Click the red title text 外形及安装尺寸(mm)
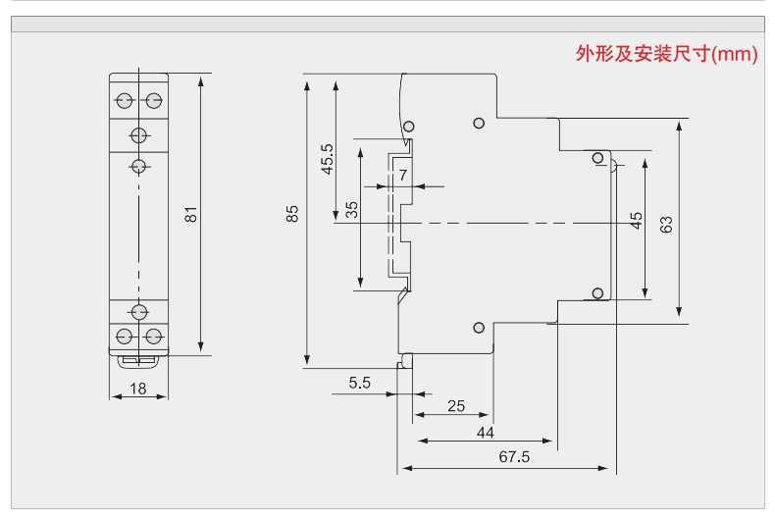click(x=666, y=54)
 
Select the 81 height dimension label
click(x=190, y=215)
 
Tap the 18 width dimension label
click(x=138, y=389)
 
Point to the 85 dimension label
click(x=292, y=214)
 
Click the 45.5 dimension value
click(x=328, y=159)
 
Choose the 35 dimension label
click(x=351, y=210)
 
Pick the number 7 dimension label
click(x=403, y=175)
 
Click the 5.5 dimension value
click(x=359, y=383)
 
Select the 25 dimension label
click(x=456, y=406)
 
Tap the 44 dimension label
click(x=486, y=433)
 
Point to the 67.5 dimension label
click(x=514, y=457)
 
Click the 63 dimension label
click(x=666, y=225)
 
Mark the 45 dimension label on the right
click(x=636, y=221)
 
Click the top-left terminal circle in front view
click(x=124, y=100)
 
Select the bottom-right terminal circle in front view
click(x=154, y=337)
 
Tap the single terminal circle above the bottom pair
click(x=139, y=312)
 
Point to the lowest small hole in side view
click(x=479, y=328)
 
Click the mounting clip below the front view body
click(x=138, y=361)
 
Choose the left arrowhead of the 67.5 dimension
click(x=407, y=468)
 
